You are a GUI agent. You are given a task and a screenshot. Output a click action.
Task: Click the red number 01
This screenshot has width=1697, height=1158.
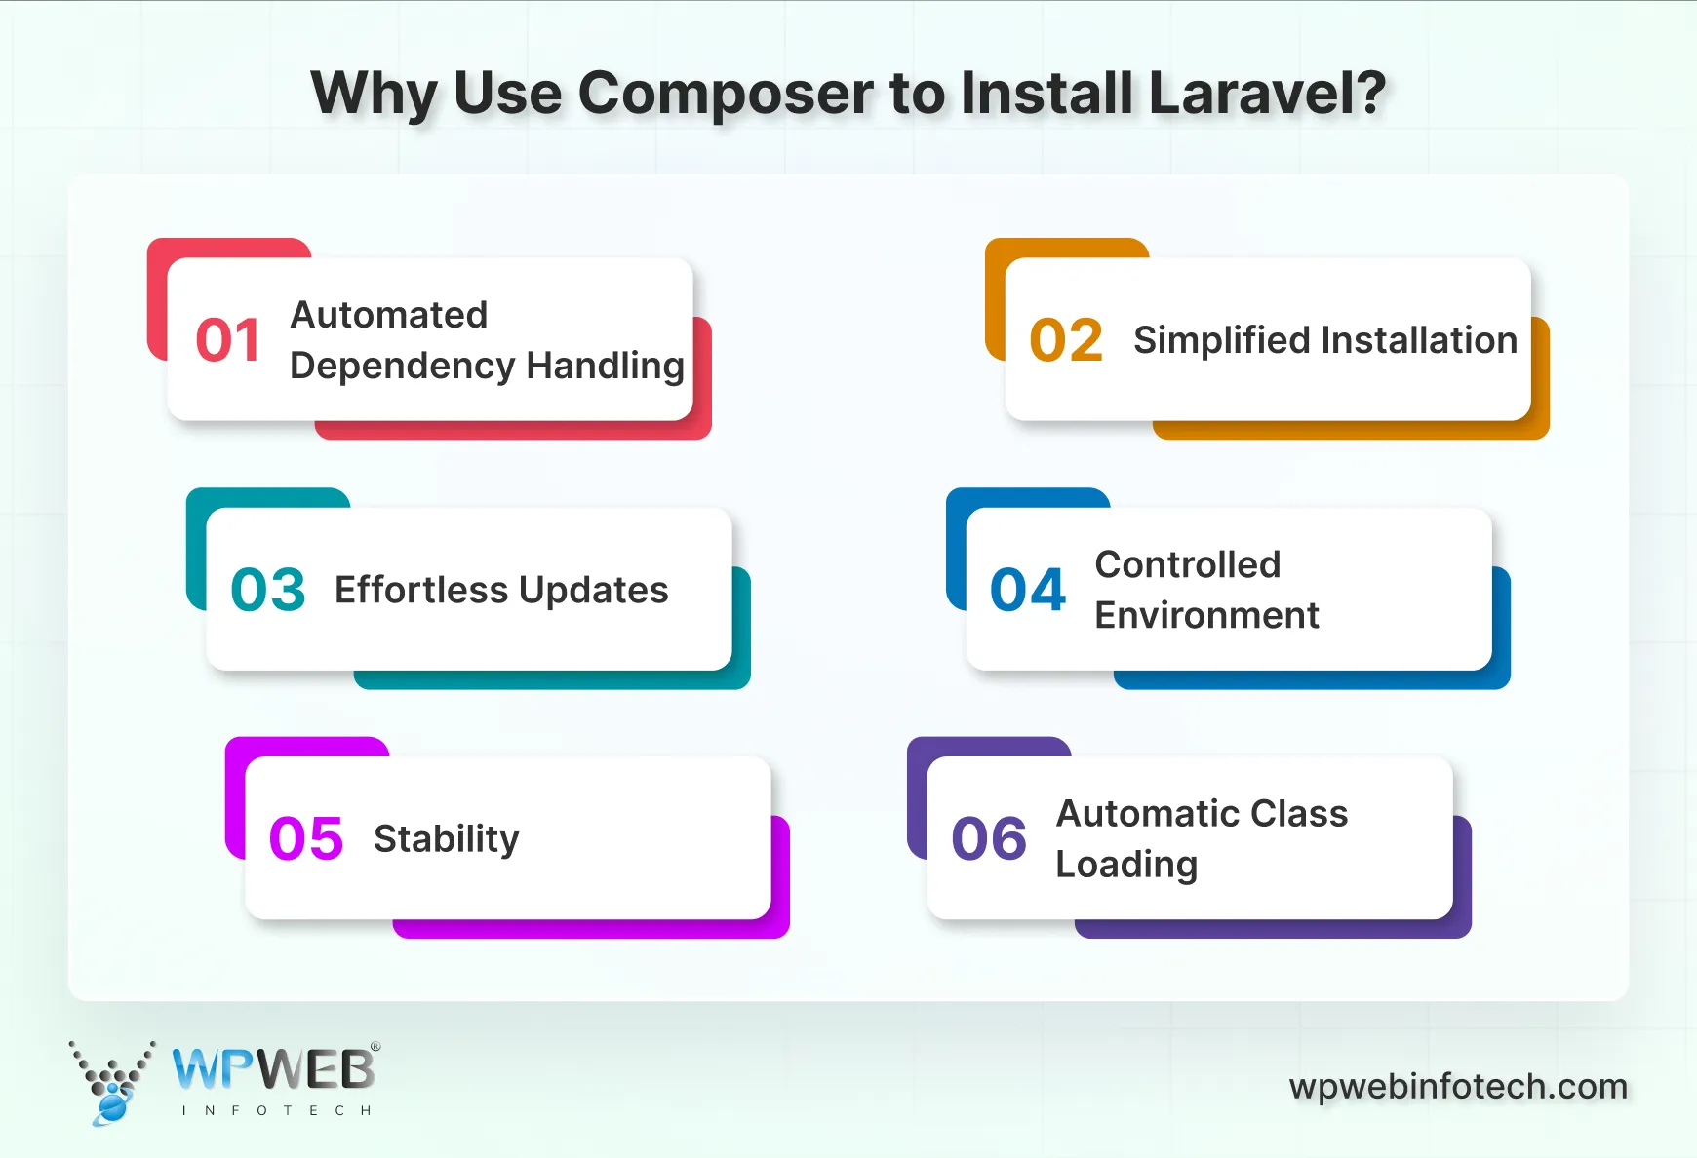227,340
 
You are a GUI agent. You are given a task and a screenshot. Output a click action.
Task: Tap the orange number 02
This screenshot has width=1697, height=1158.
1065,340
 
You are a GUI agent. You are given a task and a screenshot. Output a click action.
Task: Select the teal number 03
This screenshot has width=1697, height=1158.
268,590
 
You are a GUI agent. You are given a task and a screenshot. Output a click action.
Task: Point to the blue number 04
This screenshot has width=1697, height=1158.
1027,590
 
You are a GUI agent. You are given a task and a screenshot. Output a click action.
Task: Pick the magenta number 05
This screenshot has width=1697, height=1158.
306,838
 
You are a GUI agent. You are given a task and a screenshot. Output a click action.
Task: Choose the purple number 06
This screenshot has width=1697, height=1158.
989,838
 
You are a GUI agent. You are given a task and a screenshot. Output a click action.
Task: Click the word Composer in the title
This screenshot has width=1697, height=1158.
726,95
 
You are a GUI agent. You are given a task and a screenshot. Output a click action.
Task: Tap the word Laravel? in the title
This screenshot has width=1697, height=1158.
1267,93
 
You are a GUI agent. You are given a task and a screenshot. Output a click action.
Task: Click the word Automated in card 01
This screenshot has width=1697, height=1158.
389,315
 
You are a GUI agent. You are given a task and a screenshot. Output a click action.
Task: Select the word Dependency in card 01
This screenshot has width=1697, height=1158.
402,367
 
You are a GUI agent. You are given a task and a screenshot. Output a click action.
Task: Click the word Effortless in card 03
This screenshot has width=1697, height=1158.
421,590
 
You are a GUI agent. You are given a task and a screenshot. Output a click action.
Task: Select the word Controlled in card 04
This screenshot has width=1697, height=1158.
1187,564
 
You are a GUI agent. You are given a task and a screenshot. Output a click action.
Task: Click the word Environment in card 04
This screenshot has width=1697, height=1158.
1206,615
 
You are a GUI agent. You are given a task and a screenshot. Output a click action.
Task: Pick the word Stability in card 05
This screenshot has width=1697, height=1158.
446,839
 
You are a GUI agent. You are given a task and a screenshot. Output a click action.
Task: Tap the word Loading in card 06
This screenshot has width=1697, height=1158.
1126,865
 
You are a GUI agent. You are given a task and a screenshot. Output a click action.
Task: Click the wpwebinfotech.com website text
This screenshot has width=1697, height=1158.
1458,1086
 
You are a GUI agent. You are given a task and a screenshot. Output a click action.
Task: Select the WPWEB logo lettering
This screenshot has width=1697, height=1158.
274,1069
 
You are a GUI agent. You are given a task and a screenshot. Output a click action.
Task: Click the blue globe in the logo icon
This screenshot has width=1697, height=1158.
113,1107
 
